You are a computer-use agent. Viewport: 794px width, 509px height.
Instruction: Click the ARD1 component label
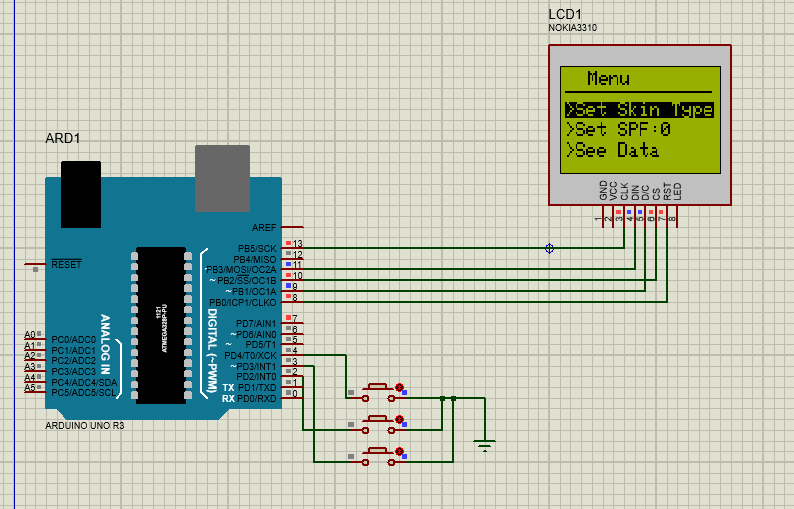click(x=63, y=138)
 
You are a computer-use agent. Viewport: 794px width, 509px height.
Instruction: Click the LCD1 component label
click(x=567, y=13)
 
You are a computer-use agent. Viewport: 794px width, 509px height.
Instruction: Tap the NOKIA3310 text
click(x=573, y=28)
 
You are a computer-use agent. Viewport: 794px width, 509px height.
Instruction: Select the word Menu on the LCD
click(x=608, y=79)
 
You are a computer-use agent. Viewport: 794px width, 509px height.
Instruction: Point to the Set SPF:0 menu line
click(x=618, y=130)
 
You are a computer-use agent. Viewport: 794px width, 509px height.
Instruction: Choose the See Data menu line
click(x=613, y=151)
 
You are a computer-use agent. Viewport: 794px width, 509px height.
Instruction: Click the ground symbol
click(x=485, y=443)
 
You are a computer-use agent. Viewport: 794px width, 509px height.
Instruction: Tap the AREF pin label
click(x=264, y=228)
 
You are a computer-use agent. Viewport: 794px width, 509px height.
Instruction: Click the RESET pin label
click(x=66, y=264)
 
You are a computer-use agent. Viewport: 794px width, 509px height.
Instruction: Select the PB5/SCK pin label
click(x=256, y=248)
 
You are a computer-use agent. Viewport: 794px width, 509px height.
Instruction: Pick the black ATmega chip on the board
click(x=160, y=325)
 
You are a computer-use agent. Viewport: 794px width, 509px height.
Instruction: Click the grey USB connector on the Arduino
click(x=222, y=178)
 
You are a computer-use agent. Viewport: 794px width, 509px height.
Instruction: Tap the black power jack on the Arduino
click(x=80, y=194)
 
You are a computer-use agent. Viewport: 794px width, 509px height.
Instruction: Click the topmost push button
click(x=377, y=387)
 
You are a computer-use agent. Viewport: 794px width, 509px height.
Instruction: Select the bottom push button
click(x=377, y=452)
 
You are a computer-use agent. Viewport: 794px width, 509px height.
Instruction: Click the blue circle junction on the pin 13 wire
click(x=549, y=248)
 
